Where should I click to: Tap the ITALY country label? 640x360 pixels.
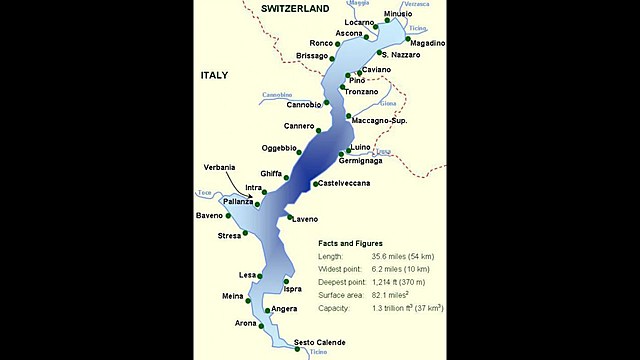[215, 76]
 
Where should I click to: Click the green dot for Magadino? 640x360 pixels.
[407, 40]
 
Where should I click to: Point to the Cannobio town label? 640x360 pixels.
[304, 104]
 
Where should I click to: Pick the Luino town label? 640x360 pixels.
[361, 147]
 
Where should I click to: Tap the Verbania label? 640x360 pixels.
[219, 166]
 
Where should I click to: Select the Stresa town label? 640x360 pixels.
[230, 235]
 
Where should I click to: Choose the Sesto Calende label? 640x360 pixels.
[320, 342]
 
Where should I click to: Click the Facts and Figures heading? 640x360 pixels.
[350, 243]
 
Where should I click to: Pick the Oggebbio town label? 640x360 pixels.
[280, 148]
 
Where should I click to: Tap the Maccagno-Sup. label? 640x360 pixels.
[384, 121]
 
